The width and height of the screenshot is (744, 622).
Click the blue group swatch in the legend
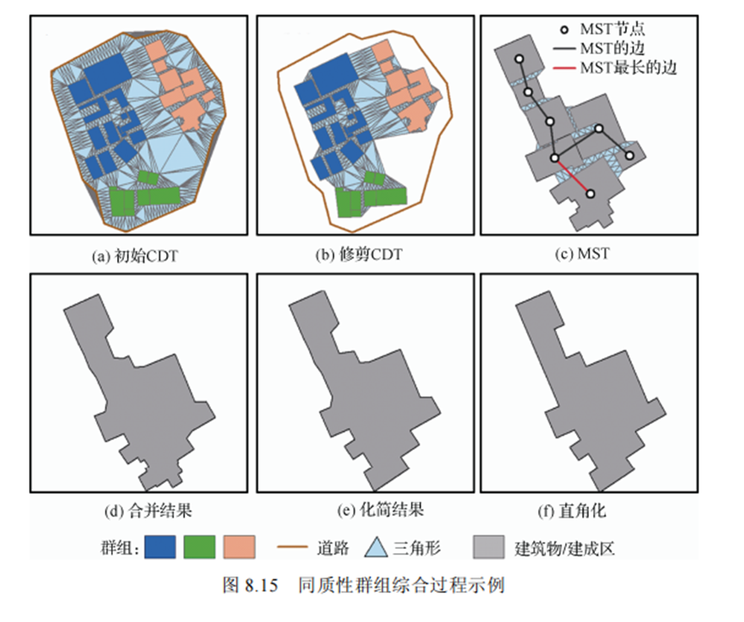pyautogui.click(x=161, y=547)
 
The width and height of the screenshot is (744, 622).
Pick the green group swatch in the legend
pyautogui.click(x=201, y=547)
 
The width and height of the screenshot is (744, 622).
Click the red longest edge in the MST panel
pyautogui.click(x=572, y=176)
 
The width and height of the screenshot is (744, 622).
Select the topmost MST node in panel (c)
pyautogui.click(x=518, y=59)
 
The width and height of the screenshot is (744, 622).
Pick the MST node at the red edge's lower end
pyautogui.click(x=591, y=194)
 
